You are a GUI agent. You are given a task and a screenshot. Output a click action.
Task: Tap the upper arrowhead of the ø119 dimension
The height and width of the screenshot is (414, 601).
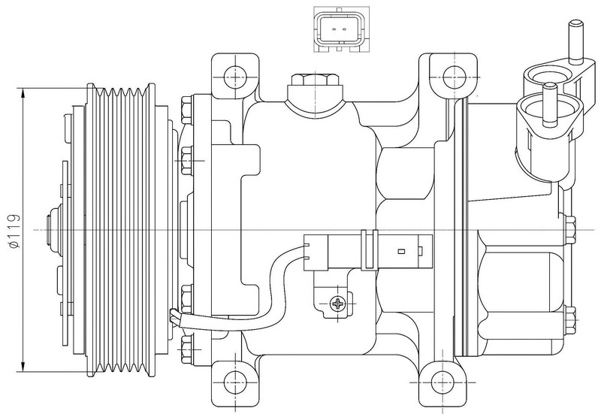pyautogui.click(x=24, y=93)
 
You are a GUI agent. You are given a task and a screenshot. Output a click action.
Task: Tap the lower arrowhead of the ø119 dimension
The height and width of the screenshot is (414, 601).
pyautogui.click(x=24, y=366)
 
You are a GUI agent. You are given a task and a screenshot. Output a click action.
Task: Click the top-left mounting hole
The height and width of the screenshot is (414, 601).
pyautogui.click(x=234, y=77)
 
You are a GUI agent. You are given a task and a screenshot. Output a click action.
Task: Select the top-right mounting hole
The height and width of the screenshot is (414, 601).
pyautogui.click(x=454, y=77)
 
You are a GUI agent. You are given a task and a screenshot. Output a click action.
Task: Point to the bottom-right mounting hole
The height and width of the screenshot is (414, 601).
pyautogui.click(x=442, y=385)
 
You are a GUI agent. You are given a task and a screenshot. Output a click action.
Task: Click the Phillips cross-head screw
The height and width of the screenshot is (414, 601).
pyautogui.click(x=337, y=304)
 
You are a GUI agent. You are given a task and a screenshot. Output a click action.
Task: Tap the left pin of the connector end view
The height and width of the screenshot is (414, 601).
pyautogui.click(x=334, y=29)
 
